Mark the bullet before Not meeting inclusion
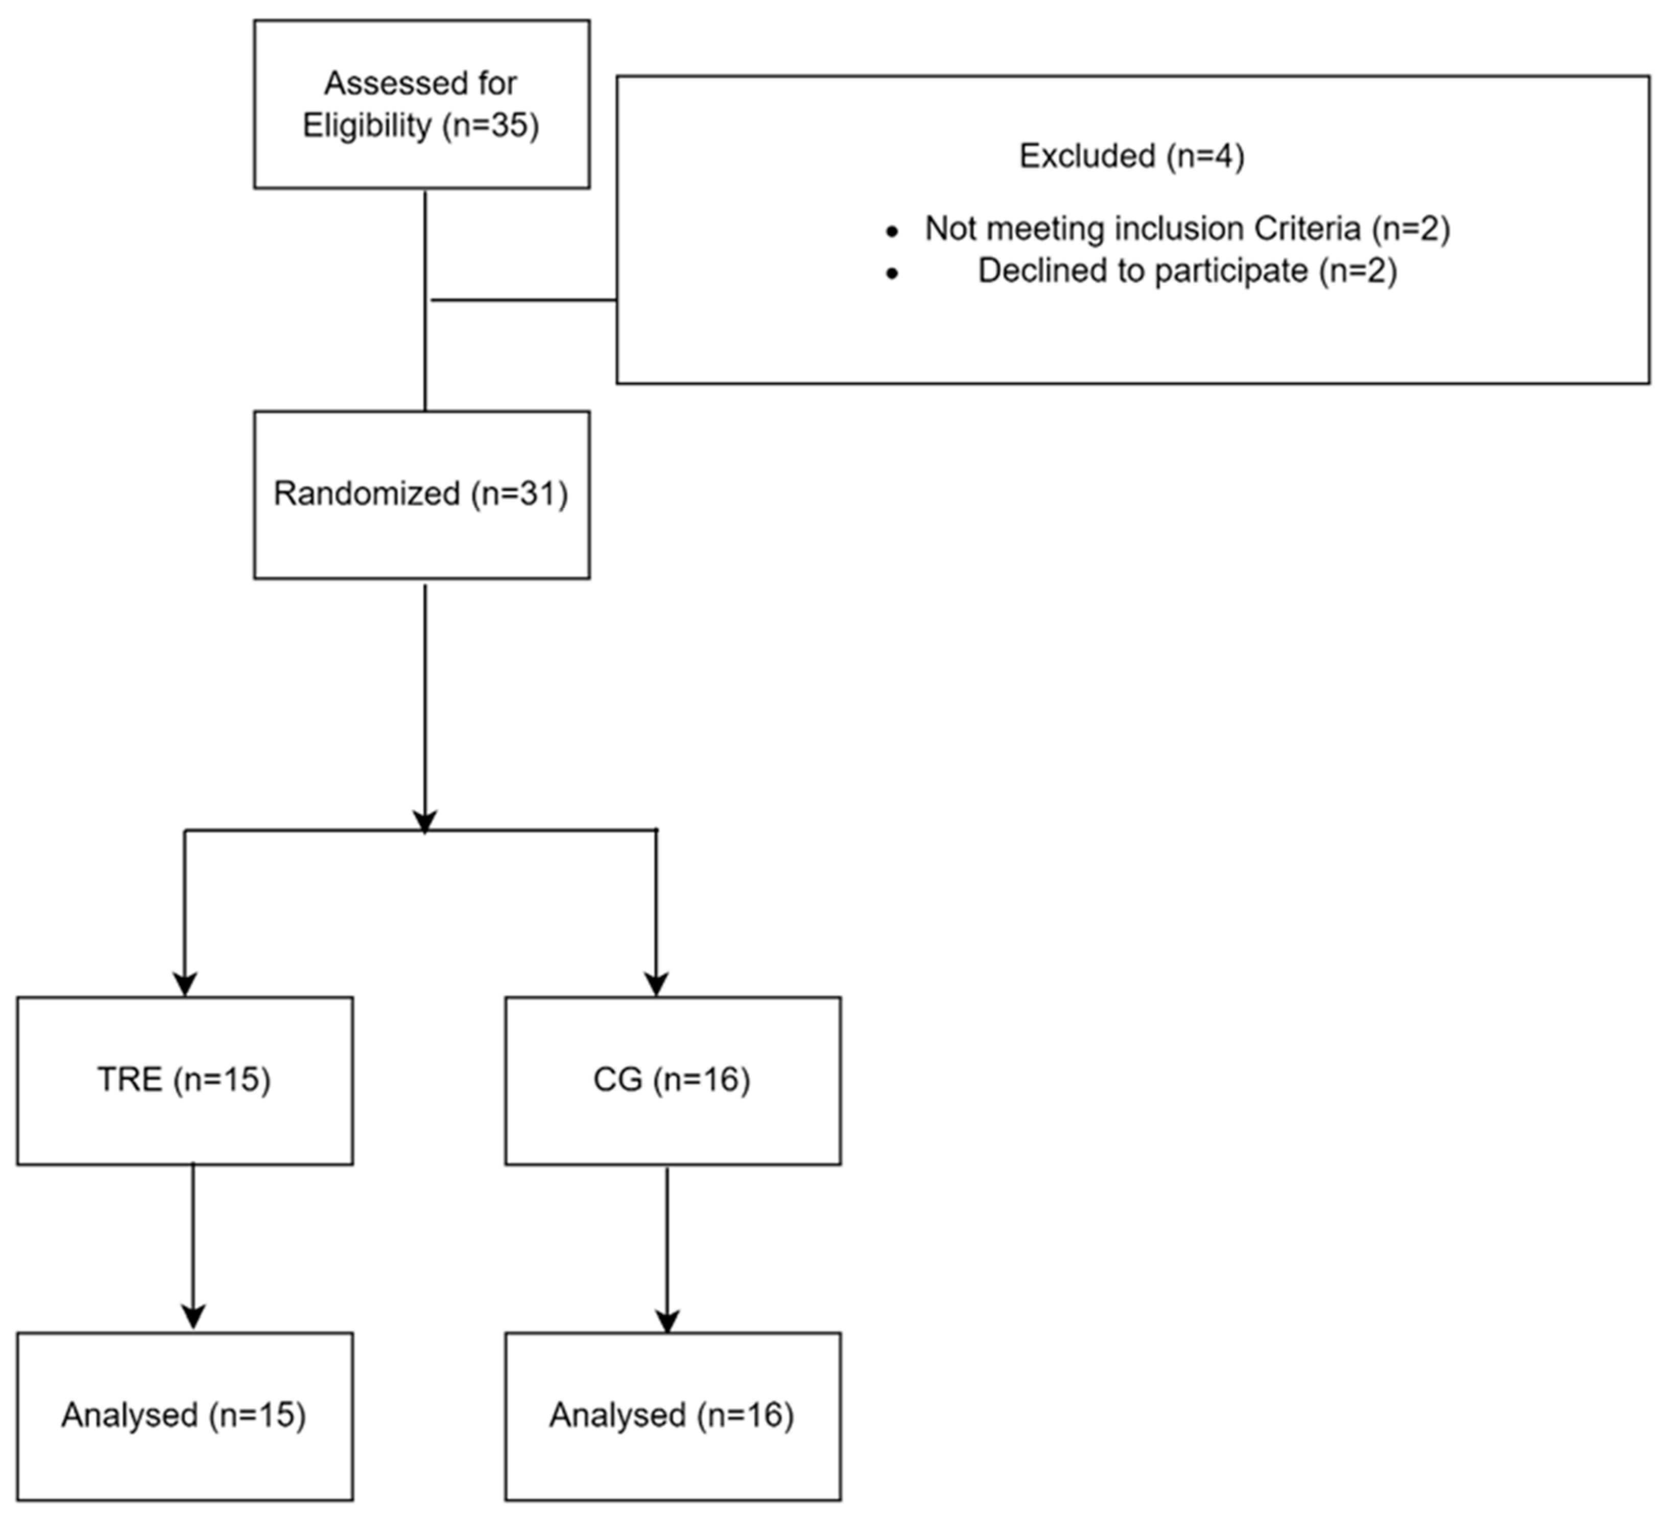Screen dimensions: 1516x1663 point(892,232)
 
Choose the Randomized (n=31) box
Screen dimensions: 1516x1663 point(421,494)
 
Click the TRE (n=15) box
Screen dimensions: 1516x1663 point(185,1080)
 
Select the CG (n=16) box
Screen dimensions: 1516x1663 point(672,1080)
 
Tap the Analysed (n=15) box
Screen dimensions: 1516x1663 point(185,1415)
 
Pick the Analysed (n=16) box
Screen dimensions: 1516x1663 point(672,1415)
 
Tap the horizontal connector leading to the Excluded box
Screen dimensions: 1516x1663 point(524,300)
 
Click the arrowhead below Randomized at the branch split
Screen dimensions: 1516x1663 point(425,821)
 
